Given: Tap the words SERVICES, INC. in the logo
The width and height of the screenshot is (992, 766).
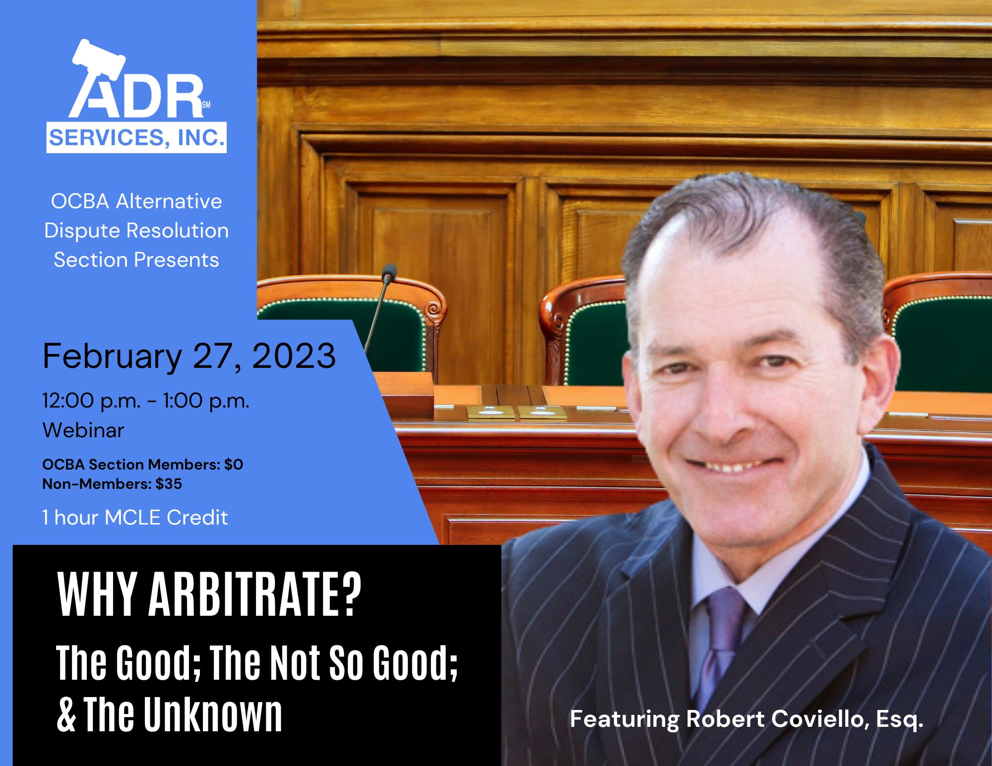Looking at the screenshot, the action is (136, 137).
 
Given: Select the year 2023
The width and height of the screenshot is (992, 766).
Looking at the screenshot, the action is (294, 356).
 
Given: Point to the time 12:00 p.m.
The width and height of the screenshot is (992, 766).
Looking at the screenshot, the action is (91, 401).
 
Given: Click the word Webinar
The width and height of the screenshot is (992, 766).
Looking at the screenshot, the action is (83, 430).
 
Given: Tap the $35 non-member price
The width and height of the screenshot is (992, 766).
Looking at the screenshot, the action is (169, 484).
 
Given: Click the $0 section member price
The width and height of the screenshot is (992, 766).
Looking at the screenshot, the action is (234, 465).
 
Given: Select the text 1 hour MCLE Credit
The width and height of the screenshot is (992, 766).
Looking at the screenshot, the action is (135, 518).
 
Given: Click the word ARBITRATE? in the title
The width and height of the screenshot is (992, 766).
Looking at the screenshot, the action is (255, 594).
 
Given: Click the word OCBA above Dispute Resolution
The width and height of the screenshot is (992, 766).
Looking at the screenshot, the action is (80, 201).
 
